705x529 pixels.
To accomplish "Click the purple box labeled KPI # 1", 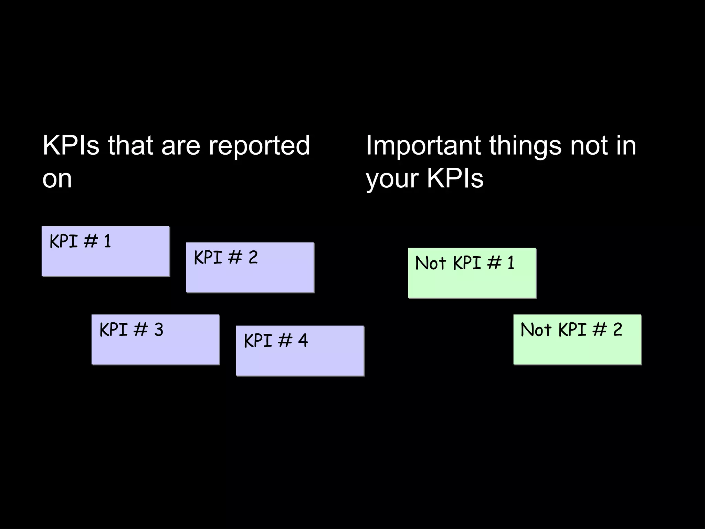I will click(x=105, y=251).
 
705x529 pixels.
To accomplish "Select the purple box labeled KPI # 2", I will click(x=250, y=268).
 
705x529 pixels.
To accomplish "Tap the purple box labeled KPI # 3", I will click(x=156, y=340).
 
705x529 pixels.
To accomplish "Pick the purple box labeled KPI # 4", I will click(x=300, y=351).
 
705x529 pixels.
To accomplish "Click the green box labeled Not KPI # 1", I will click(x=472, y=273).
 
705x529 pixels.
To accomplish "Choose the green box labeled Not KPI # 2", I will click(x=577, y=340).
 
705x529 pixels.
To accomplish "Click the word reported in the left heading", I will click(x=259, y=146).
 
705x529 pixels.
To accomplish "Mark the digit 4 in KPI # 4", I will click(x=303, y=341).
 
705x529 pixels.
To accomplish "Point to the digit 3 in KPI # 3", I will click(x=159, y=330).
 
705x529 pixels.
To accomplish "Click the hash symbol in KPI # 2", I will click(x=235, y=258).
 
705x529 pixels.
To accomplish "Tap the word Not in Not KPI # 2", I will click(x=536, y=330).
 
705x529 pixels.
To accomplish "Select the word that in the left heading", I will click(x=130, y=146).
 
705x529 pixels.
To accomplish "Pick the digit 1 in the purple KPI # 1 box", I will click(x=107, y=241).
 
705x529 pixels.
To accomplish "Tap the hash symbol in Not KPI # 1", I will click(x=494, y=263).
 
